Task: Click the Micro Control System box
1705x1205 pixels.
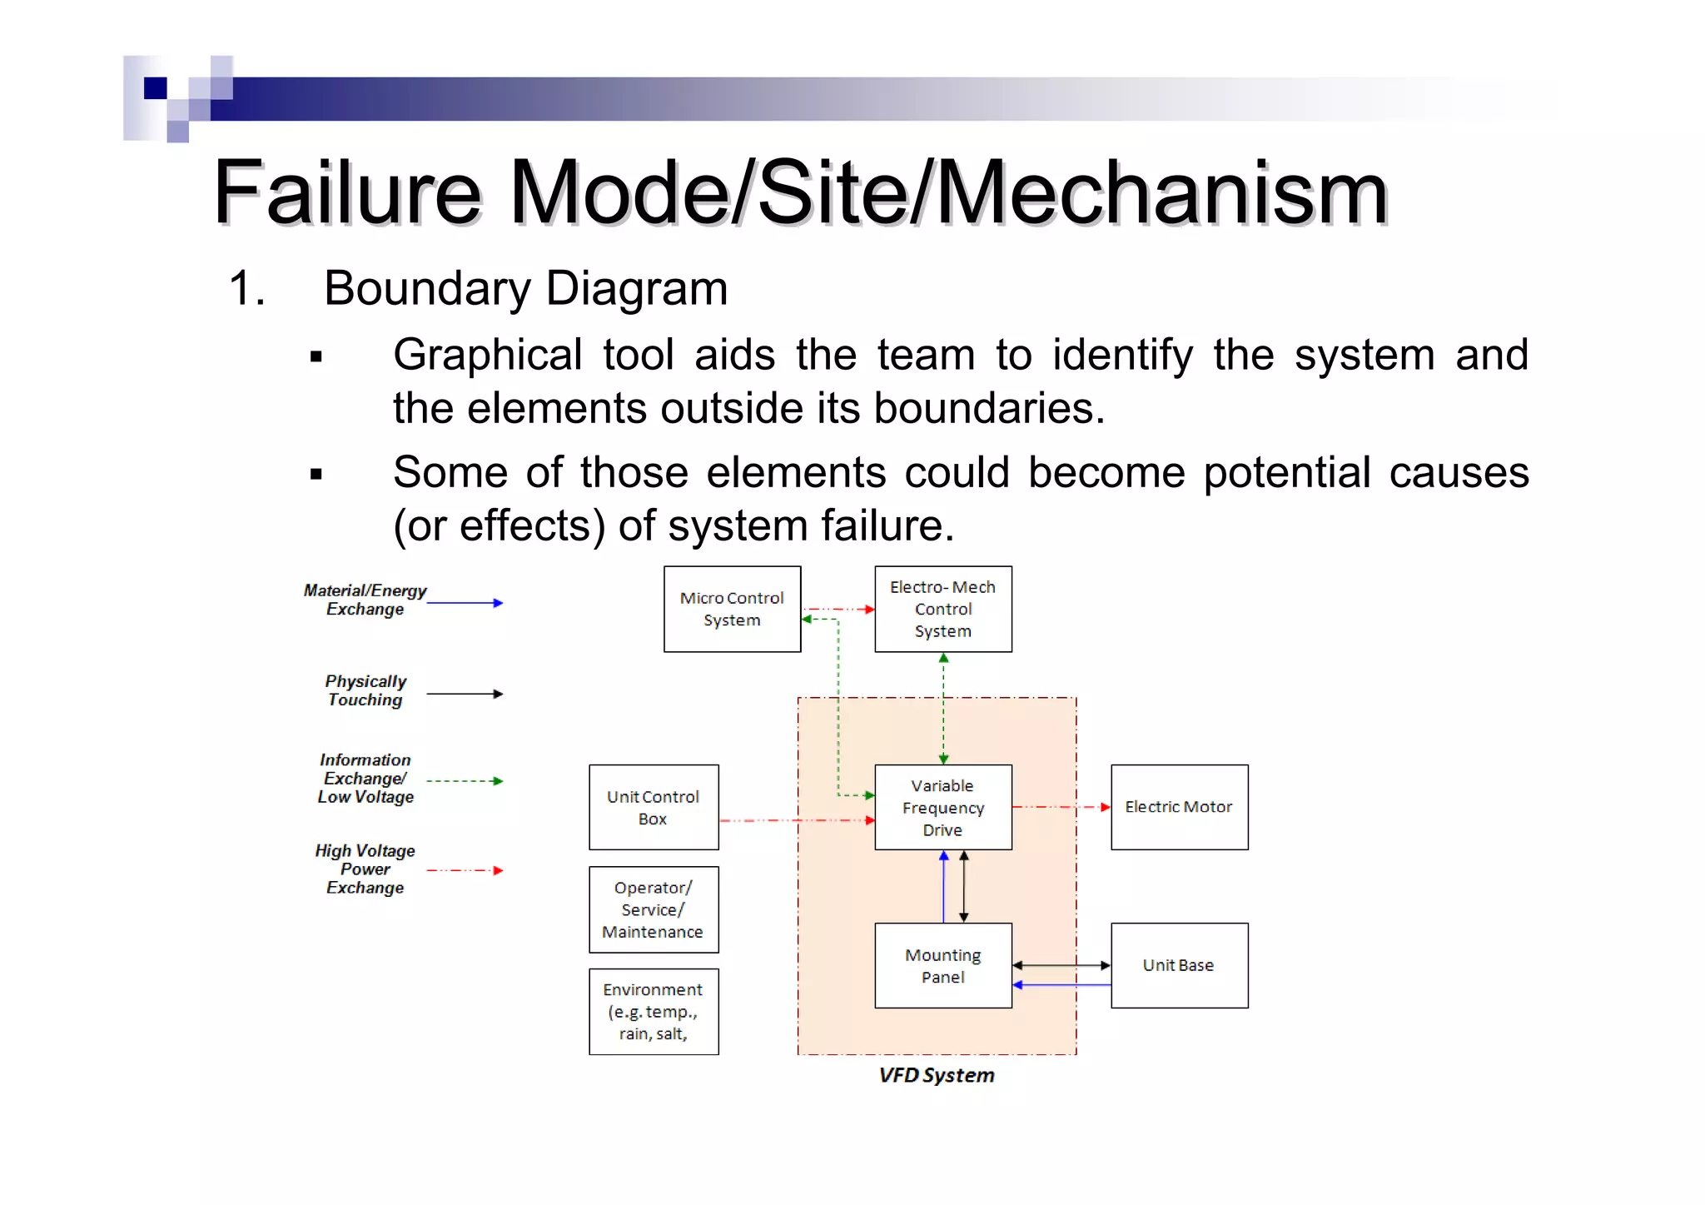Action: (732, 609)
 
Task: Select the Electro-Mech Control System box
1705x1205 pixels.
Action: (942, 609)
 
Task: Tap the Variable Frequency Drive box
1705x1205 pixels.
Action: (942, 807)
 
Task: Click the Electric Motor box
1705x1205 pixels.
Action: (1179, 807)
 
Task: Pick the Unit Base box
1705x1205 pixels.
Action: (1179, 965)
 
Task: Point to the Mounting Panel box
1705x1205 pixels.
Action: (942, 965)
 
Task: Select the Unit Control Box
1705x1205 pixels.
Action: (654, 807)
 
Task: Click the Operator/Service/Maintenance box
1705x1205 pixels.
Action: (654, 909)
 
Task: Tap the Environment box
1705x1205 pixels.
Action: (654, 1011)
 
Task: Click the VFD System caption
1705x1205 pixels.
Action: (937, 1075)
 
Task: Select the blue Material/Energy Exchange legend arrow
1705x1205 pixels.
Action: (465, 603)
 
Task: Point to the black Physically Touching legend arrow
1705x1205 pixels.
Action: (465, 694)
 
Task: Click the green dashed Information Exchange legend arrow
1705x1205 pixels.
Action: (465, 781)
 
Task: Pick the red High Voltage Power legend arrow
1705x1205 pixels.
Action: (465, 870)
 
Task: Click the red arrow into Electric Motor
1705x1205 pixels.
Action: (1062, 807)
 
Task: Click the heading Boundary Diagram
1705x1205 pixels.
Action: (525, 288)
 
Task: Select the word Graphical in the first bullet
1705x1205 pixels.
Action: (487, 355)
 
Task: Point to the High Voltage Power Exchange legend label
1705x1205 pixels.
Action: (365, 869)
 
